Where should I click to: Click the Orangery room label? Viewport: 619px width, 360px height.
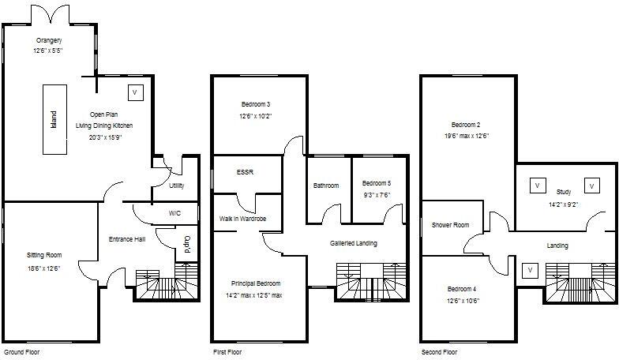[x=49, y=39]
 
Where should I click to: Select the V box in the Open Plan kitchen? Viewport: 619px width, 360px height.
[x=135, y=92]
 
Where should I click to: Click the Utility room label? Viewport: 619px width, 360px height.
[x=177, y=186]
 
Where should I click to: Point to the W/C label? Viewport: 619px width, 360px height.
[x=174, y=213]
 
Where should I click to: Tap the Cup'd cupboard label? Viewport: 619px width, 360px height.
[x=187, y=242]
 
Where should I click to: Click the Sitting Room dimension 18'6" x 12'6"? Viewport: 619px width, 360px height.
[x=44, y=268]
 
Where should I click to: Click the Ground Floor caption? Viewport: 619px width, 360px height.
[x=21, y=351]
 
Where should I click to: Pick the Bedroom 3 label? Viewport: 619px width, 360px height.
[x=256, y=104]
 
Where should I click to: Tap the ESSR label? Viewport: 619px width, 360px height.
[x=245, y=171]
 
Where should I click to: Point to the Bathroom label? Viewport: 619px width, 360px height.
[x=326, y=186]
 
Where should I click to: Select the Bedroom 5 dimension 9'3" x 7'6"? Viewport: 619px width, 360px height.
[x=376, y=194]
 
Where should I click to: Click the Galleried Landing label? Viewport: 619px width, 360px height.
[x=353, y=243]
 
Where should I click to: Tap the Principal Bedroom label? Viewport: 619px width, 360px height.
[x=256, y=283]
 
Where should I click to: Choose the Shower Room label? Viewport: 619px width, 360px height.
[x=450, y=225]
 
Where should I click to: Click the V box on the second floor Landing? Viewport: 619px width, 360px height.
[x=530, y=270]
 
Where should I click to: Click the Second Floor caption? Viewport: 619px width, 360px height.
[x=441, y=351]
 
